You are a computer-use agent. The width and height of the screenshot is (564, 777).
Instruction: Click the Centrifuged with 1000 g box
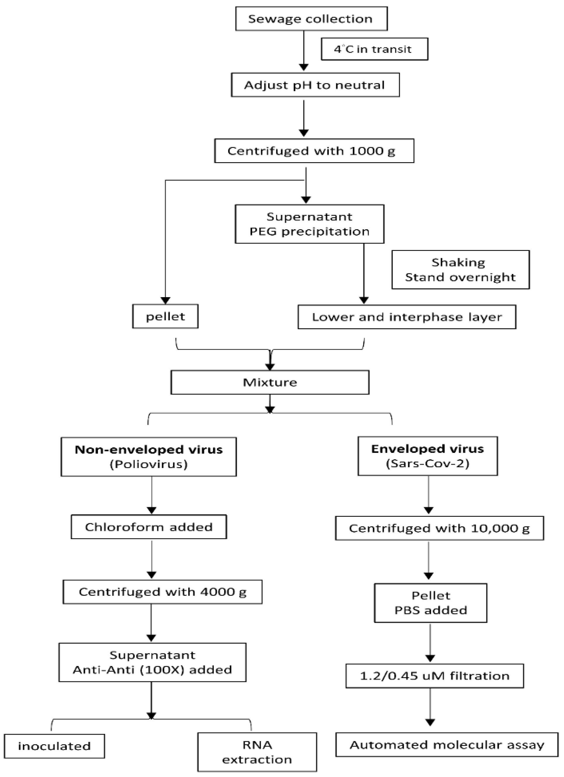coord(314,151)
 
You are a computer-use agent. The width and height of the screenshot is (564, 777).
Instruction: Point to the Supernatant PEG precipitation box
coord(310,224)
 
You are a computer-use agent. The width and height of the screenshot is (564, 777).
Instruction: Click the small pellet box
coord(165,316)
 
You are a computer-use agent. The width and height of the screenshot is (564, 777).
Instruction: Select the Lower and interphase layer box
coord(407,317)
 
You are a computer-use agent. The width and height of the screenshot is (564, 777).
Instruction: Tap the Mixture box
coord(270,382)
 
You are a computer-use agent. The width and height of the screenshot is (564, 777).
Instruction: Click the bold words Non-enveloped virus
coord(149,449)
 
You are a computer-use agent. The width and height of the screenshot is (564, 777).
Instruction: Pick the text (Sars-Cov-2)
coord(428,464)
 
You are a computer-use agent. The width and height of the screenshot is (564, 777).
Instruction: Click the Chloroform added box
coord(149,527)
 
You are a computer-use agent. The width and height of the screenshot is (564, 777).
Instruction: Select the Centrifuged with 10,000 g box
coord(439,528)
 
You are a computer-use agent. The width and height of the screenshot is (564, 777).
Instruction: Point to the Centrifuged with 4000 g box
coord(163,592)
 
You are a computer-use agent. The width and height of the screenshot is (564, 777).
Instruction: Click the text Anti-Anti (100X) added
coord(153,670)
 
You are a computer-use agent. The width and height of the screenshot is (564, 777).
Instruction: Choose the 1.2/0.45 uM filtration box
coord(435,676)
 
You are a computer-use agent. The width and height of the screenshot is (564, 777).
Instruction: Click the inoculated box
coord(54,746)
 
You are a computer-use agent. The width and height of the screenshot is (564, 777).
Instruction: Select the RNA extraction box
coord(257,752)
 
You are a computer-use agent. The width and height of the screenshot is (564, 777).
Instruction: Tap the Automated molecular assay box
coord(447,745)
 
